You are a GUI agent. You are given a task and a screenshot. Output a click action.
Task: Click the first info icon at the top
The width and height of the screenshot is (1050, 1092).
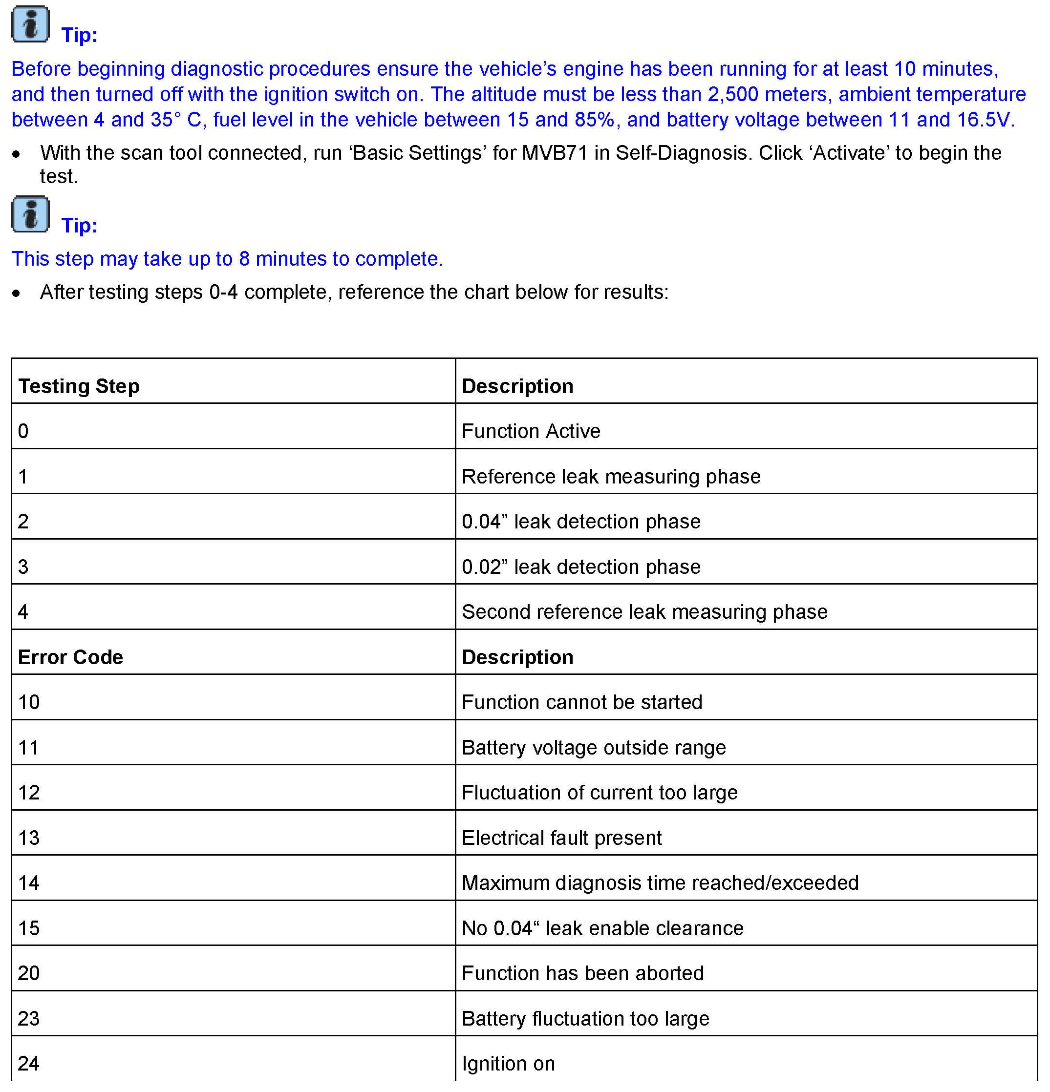(31, 24)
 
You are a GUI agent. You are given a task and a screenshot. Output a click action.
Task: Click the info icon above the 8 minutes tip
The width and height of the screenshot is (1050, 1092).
(31, 214)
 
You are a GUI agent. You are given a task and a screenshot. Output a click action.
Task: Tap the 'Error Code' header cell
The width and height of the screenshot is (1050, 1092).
(70, 657)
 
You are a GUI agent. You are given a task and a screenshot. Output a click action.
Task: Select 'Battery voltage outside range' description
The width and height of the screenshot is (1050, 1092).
(594, 748)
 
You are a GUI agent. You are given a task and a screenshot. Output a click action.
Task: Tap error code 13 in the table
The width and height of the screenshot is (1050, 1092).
(29, 838)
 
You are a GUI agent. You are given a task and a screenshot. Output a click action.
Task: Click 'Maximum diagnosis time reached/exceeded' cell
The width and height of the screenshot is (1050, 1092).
(660, 883)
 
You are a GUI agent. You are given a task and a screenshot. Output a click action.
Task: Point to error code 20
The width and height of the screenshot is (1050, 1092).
(29, 973)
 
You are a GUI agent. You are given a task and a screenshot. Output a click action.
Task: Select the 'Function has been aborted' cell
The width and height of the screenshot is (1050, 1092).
(582, 973)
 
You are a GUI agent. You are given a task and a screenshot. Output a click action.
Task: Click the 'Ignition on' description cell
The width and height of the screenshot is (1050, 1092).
(508, 1064)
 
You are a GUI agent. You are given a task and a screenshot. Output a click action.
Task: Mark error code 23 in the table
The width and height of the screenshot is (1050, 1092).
(29, 1018)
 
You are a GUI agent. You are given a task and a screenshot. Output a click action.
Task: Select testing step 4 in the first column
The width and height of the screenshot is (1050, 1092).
(23, 612)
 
